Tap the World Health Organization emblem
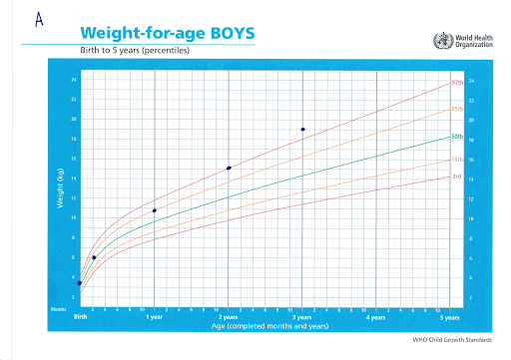(x=440, y=41)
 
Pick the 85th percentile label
(x=457, y=108)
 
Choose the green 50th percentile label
(x=457, y=136)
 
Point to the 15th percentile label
(x=457, y=160)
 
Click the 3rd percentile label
(x=456, y=177)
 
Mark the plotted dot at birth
(x=80, y=283)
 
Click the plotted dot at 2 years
(x=230, y=168)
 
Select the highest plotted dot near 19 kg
(x=302, y=130)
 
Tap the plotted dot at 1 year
(x=154, y=210)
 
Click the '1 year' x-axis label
(x=154, y=317)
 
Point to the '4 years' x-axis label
(x=374, y=317)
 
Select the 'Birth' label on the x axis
(x=80, y=317)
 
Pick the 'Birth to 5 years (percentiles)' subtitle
(x=134, y=50)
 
